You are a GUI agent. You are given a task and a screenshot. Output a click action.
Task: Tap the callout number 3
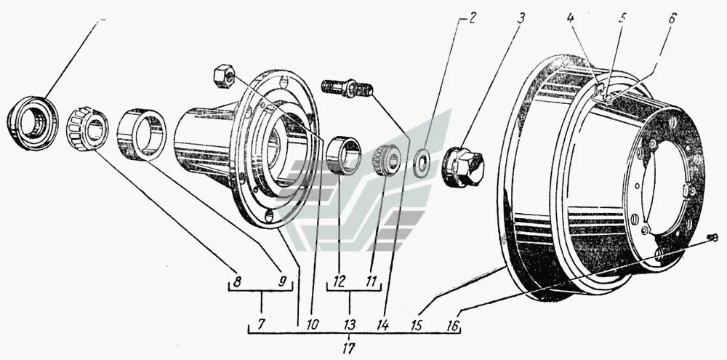[x=520, y=18]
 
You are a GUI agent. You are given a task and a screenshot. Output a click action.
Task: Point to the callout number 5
[x=622, y=17]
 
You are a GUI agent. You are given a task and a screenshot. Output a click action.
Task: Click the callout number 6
[x=671, y=17]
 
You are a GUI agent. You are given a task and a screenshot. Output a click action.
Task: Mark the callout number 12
[x=340, y=277]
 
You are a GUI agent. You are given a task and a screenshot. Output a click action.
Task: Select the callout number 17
[x=350, y=342]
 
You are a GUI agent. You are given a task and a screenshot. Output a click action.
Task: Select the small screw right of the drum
[x=714, y=237]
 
